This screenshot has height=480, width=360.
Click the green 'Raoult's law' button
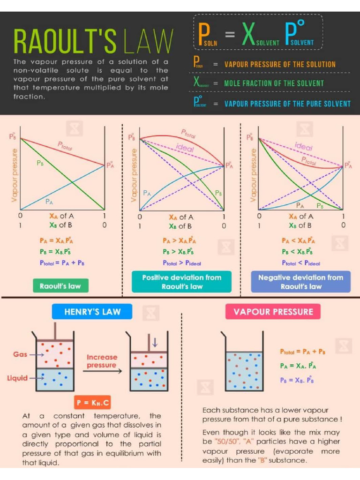pos(60,285)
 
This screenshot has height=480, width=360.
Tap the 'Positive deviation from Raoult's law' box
pos(181,282)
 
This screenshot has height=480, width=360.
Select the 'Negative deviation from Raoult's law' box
pos(301,282)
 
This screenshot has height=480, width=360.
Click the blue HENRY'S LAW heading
pos(92,312)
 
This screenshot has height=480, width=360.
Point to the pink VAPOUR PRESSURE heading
pos(273,312)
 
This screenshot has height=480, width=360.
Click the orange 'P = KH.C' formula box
pos(92,403)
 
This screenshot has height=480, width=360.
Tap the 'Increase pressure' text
pos(101,361)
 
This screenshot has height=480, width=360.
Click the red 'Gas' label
pos(20,354)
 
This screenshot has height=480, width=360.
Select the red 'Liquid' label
pos(17,378)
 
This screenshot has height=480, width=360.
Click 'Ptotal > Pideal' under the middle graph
pos(181,263)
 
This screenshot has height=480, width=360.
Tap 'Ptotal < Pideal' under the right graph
pos(301,263)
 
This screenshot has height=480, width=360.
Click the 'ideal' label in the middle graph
pos(185,147)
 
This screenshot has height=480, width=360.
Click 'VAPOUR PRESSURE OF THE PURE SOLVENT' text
pos(287,104)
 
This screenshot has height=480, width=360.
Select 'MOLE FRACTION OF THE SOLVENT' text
pos(274,83)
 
